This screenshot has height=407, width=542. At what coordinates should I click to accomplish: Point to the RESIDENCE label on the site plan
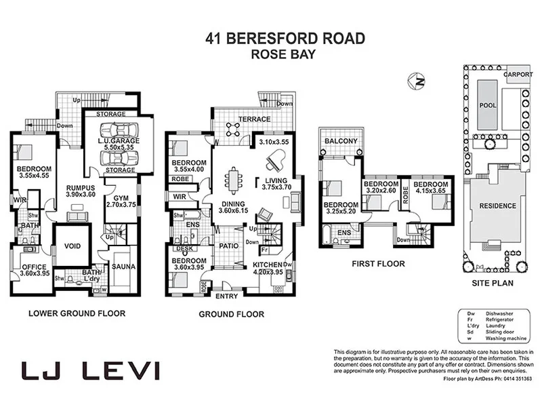click(497, 206)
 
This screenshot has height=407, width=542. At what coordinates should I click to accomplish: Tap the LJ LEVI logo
click(91, 370)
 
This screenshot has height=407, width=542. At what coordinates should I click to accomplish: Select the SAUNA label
click(123, 267)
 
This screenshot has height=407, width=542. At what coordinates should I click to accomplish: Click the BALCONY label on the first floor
click(340, 140)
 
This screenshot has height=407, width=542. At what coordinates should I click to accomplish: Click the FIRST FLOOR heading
click(379, 264)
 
